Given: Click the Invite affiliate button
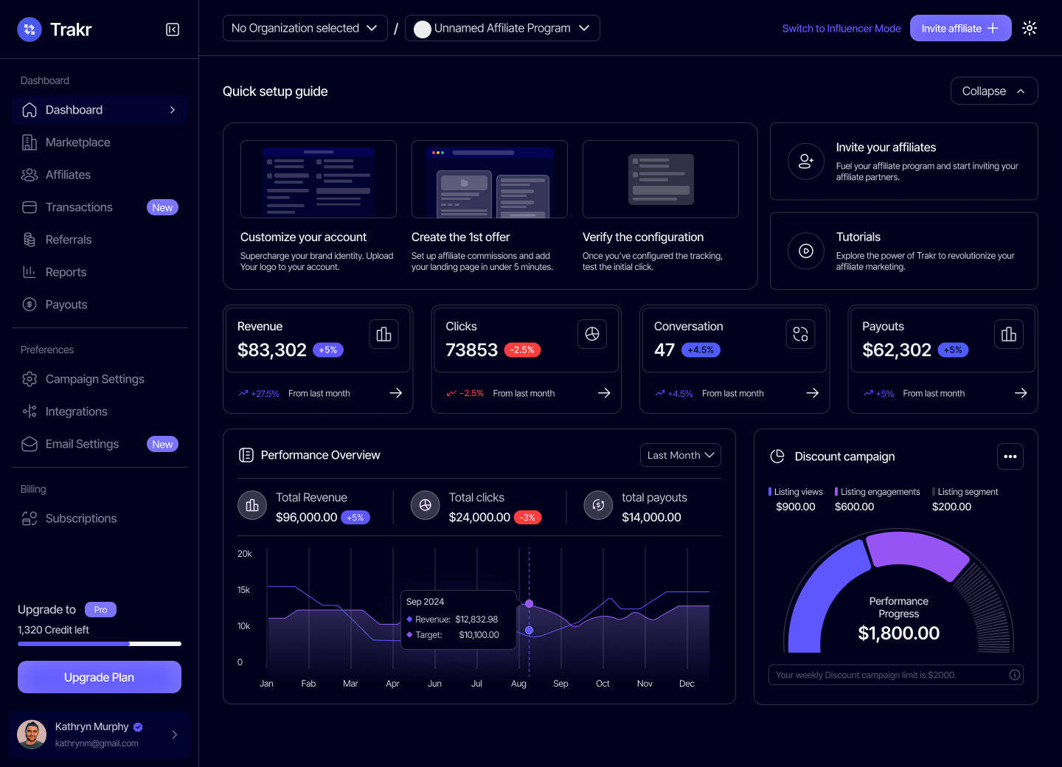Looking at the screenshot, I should [959, 28].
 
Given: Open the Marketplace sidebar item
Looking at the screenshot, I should [77, 142].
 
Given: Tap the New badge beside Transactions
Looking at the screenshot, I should [162, 208].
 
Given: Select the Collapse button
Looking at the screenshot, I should [993, 91].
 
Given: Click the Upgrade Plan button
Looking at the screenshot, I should [100, 677].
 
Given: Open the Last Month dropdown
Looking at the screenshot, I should [680, 455].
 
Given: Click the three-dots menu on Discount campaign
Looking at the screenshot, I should [1010, 457].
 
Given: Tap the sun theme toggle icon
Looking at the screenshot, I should [1030, 28].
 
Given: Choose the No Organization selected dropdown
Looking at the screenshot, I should [305, 28].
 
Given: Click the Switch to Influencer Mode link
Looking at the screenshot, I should [841, 29].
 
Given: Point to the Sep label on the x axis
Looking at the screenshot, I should [560, 684].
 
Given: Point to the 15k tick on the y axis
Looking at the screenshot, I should [243, 590].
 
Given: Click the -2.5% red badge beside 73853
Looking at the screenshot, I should [523, 350].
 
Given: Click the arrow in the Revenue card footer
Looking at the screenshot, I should [396, 393].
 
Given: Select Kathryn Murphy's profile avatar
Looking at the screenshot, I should [32, 735].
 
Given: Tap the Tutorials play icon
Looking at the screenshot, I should [805, 251].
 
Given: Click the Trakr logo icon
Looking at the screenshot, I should [29, 29].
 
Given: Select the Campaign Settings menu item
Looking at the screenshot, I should [94, 379].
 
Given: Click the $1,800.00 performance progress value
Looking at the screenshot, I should [898, 634].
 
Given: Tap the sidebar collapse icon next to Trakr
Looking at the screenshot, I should [173, 29].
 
